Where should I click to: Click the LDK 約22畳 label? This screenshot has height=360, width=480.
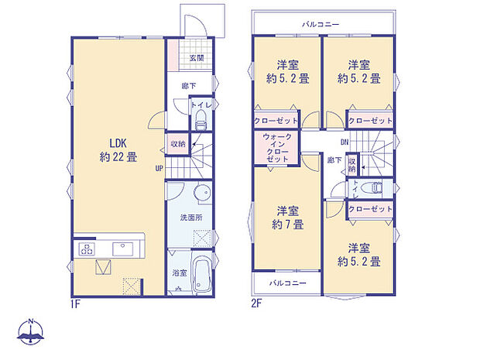(118, 149)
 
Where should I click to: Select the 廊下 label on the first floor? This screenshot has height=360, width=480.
(188, 86)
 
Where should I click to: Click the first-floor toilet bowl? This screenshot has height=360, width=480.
(201, 119)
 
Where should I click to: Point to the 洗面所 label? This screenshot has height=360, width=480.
(191, 218)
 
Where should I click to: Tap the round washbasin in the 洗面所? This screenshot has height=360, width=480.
(201, 195)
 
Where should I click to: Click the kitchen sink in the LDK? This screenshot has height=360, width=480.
(123, 249)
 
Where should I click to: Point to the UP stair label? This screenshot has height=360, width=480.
(159, 167)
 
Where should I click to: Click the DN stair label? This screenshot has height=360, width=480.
(344, 142)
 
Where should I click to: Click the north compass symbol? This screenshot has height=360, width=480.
(31, 332)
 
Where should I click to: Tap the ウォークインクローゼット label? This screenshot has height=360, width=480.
(276, 147)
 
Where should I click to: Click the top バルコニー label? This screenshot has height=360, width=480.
(321, 25)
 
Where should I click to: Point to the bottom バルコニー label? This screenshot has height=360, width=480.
(288, 283)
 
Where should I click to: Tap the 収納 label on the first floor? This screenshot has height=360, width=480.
(178, 144)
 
